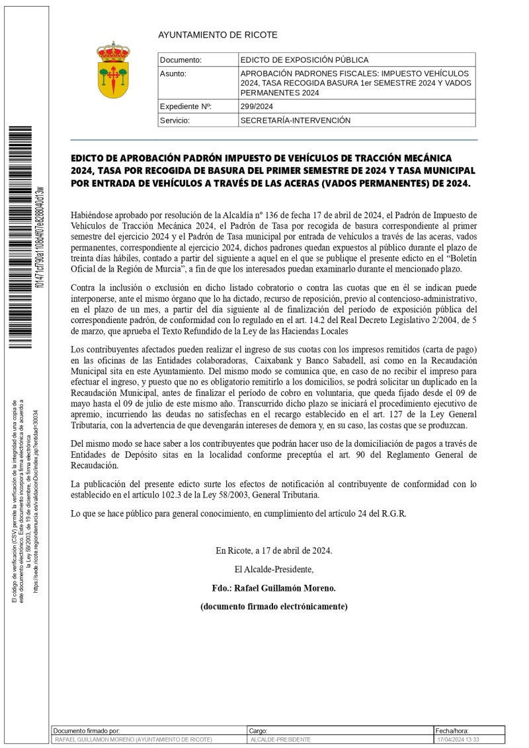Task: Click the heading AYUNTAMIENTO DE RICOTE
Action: [218, 35]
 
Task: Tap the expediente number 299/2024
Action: [257, 106]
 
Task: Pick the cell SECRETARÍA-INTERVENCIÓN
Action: [295, 121]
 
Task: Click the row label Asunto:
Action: [173, 73]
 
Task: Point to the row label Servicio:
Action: [175, 121]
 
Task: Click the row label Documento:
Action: [181, 60]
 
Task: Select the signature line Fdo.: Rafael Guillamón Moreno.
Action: [274, 588]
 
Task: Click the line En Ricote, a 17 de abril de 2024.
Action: [274, 550]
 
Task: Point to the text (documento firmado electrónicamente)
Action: [274, 607]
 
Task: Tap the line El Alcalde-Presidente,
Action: [274, 569]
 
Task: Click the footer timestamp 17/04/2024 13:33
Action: [458, 740]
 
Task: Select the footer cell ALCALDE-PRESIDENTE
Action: [280, 740]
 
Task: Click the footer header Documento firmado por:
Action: [86, 731]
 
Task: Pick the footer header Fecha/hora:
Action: [452, 731]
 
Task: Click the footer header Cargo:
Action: [258, 731]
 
